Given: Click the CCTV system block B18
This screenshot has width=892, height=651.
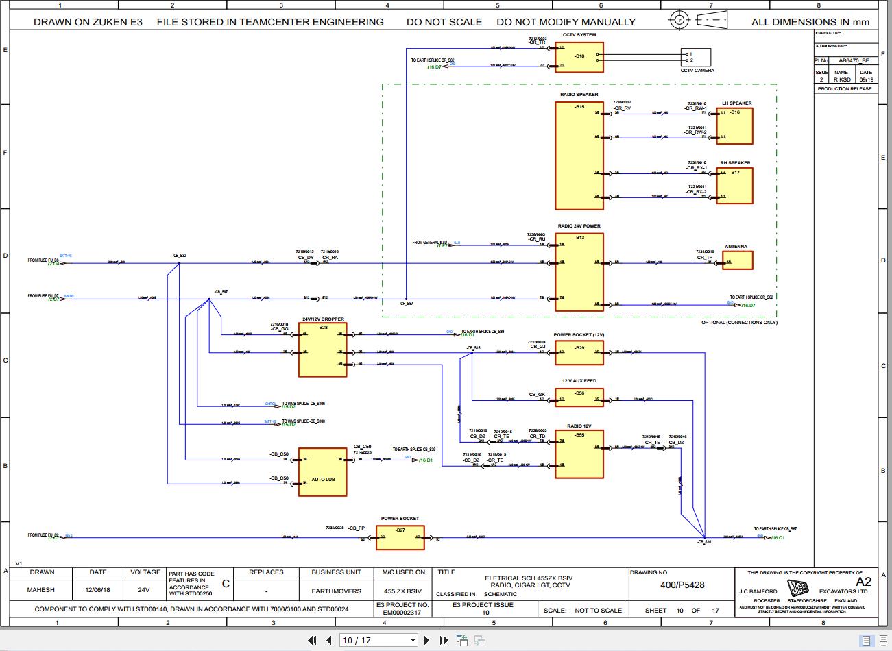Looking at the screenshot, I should (x=579, y=58).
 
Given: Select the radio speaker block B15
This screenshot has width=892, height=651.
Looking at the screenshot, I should (x=579, y=156).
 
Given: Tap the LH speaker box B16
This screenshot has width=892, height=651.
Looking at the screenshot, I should (x=734, y=126).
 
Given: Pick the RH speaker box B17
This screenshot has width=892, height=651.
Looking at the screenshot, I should (x=734, y=186).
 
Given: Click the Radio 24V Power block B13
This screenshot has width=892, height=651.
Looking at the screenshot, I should (x=579, y=272).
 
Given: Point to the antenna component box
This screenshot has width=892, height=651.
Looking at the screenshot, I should (x=737, y=260).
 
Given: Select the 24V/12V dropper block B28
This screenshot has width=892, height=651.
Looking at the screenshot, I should (x=322, y=350).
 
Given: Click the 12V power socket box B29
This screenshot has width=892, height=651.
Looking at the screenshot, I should (x=579, y=353).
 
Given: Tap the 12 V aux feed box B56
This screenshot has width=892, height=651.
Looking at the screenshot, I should (x=579, y=397).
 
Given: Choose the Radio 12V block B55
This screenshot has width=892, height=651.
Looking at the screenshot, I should (x=579, y=454).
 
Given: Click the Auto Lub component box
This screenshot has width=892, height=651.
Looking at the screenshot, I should (x=322, y=472).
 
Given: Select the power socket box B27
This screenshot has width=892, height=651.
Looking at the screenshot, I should (x=400, y=538).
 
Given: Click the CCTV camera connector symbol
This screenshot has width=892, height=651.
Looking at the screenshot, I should (x=697, y=57).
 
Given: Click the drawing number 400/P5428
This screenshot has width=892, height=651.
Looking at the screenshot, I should (x=682, y=585).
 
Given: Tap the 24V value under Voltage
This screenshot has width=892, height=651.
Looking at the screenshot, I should (x=143, y=590).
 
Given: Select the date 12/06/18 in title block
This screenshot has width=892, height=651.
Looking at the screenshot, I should (x=97, y=590).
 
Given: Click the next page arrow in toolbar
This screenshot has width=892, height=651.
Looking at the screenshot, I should (x=426, y=641).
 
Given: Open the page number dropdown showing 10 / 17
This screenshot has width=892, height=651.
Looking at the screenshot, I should (x=379, y=641).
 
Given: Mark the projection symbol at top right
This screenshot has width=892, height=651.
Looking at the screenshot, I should (x=697, y=20).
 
